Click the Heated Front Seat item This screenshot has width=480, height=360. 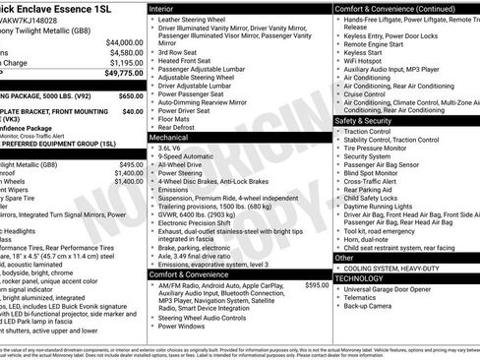point(187,61)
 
